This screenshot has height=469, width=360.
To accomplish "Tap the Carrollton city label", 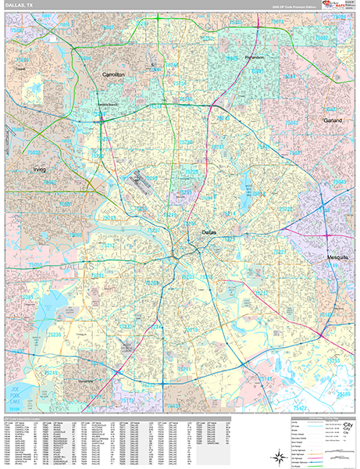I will pos(113,74).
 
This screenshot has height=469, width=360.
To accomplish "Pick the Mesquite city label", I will pos(338,256).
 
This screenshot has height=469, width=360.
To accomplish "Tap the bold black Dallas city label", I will pos(208,233).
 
